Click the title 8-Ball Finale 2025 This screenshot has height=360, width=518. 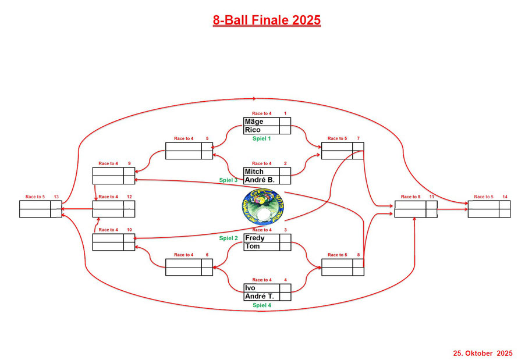click(x=267, y=20)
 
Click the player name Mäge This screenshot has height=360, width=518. click(x=254, y=122)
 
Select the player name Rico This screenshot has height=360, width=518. click(x=253, y=130)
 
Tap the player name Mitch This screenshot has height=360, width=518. click(x=254, y=172)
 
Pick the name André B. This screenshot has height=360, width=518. click(x=260, y=180)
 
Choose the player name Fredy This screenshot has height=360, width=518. click(x=255, y=238)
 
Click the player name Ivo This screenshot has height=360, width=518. click(x=251, y=288)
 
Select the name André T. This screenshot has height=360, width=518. click(x=260, y=296)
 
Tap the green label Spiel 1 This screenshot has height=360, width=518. click(x=261, y=138)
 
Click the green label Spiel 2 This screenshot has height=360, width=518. click(x=229, y=238)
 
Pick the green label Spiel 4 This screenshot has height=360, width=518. click(x=261, y=305)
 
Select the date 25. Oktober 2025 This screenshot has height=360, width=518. click(x=482, y=353)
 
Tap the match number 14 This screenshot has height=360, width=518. click(x=505, y=197)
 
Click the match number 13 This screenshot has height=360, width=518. click(x=56, y=197)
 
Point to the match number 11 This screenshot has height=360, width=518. click(x=432, y=197)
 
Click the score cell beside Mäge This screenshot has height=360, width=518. click(x=285, y=122)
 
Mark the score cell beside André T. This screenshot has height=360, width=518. click(x=285, y=296)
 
